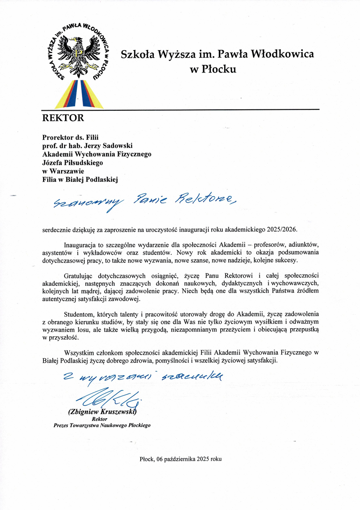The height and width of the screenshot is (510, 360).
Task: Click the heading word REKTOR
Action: [62, 118]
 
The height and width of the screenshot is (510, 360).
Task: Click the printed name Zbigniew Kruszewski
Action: [102, 412]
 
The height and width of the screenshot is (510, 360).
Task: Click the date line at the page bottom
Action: [181, 459]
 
